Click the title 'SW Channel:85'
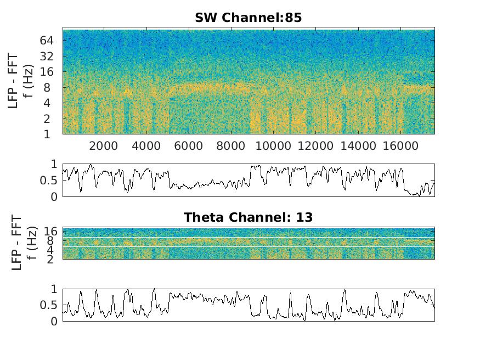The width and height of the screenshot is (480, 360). click(248, 18)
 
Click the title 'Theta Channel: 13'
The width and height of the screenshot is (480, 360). click(248, 217)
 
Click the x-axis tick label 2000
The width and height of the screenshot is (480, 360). click(104, 145)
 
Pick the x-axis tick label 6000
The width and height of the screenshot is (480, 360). click(188, 145)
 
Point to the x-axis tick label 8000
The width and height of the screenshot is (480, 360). click(231, 145)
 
